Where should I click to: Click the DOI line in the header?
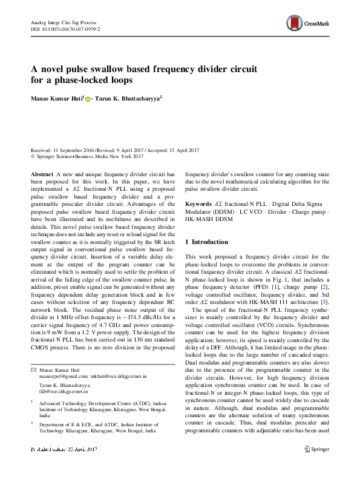point(65,28)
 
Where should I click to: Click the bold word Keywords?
point(198,203)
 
